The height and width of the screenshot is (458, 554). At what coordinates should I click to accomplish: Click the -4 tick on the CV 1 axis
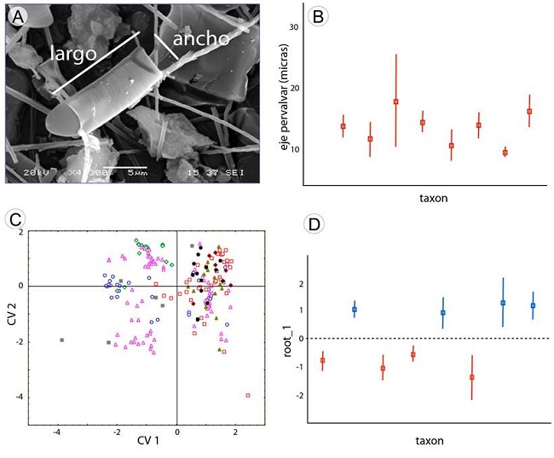point(57,432)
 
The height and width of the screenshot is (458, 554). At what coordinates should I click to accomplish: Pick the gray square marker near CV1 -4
point(62,340)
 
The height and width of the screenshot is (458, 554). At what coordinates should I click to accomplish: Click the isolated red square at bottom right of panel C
point(248,395)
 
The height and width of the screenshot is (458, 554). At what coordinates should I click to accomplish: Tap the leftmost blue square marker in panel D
point(355,310)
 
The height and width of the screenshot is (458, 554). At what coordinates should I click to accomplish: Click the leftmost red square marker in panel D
point(322,361)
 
